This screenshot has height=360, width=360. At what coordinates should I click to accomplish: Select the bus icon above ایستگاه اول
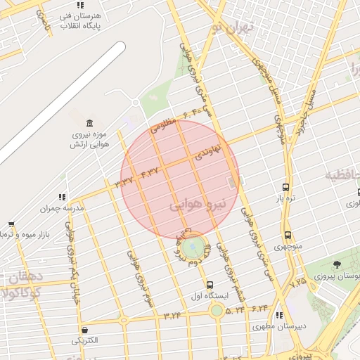(210, 284)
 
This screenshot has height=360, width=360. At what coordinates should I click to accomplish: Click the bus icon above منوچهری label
(288, 236)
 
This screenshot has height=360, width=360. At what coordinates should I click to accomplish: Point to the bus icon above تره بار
(285, 187)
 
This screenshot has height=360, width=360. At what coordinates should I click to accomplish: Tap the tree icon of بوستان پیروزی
(337, 264)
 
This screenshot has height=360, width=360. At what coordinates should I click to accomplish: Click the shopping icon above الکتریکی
(85, 330)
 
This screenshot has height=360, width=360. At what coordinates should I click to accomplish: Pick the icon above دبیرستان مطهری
(280, 315)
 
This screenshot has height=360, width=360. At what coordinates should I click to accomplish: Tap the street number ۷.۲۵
(299, 281)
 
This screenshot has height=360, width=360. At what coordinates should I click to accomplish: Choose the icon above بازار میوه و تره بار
(11, 224)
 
